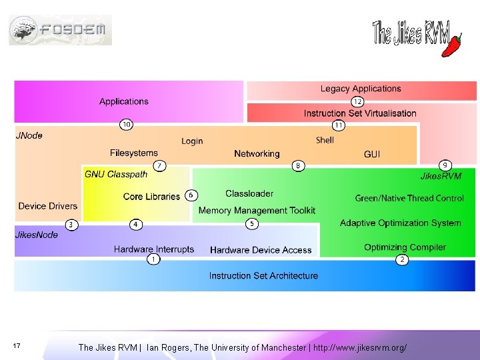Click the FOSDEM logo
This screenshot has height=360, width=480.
click(60, 29)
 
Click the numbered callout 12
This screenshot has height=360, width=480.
click(358, 101)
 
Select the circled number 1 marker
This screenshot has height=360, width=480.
click(154, 259)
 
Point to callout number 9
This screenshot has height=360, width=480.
click(445, 165)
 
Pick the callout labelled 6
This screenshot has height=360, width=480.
click(191, 195)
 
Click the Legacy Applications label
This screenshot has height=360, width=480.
click(361, 89)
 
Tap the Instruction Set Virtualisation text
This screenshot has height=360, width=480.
click(360, 113)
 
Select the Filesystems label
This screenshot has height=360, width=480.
click(134, 153)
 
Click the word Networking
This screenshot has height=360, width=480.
click(257, 154)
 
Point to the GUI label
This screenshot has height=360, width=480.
click(372, 154)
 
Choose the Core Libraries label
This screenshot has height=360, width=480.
click(151, 197)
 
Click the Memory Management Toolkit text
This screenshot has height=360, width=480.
click(257, 211)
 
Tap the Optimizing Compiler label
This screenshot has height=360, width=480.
click(405, 247)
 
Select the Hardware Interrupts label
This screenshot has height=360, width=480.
click(154, 249)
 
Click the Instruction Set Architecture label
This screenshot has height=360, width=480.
click(263, 275)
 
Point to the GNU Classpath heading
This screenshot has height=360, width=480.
click(116, 175)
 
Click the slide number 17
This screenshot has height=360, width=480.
click(17, 345)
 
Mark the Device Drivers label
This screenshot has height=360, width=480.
click(48, 206)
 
